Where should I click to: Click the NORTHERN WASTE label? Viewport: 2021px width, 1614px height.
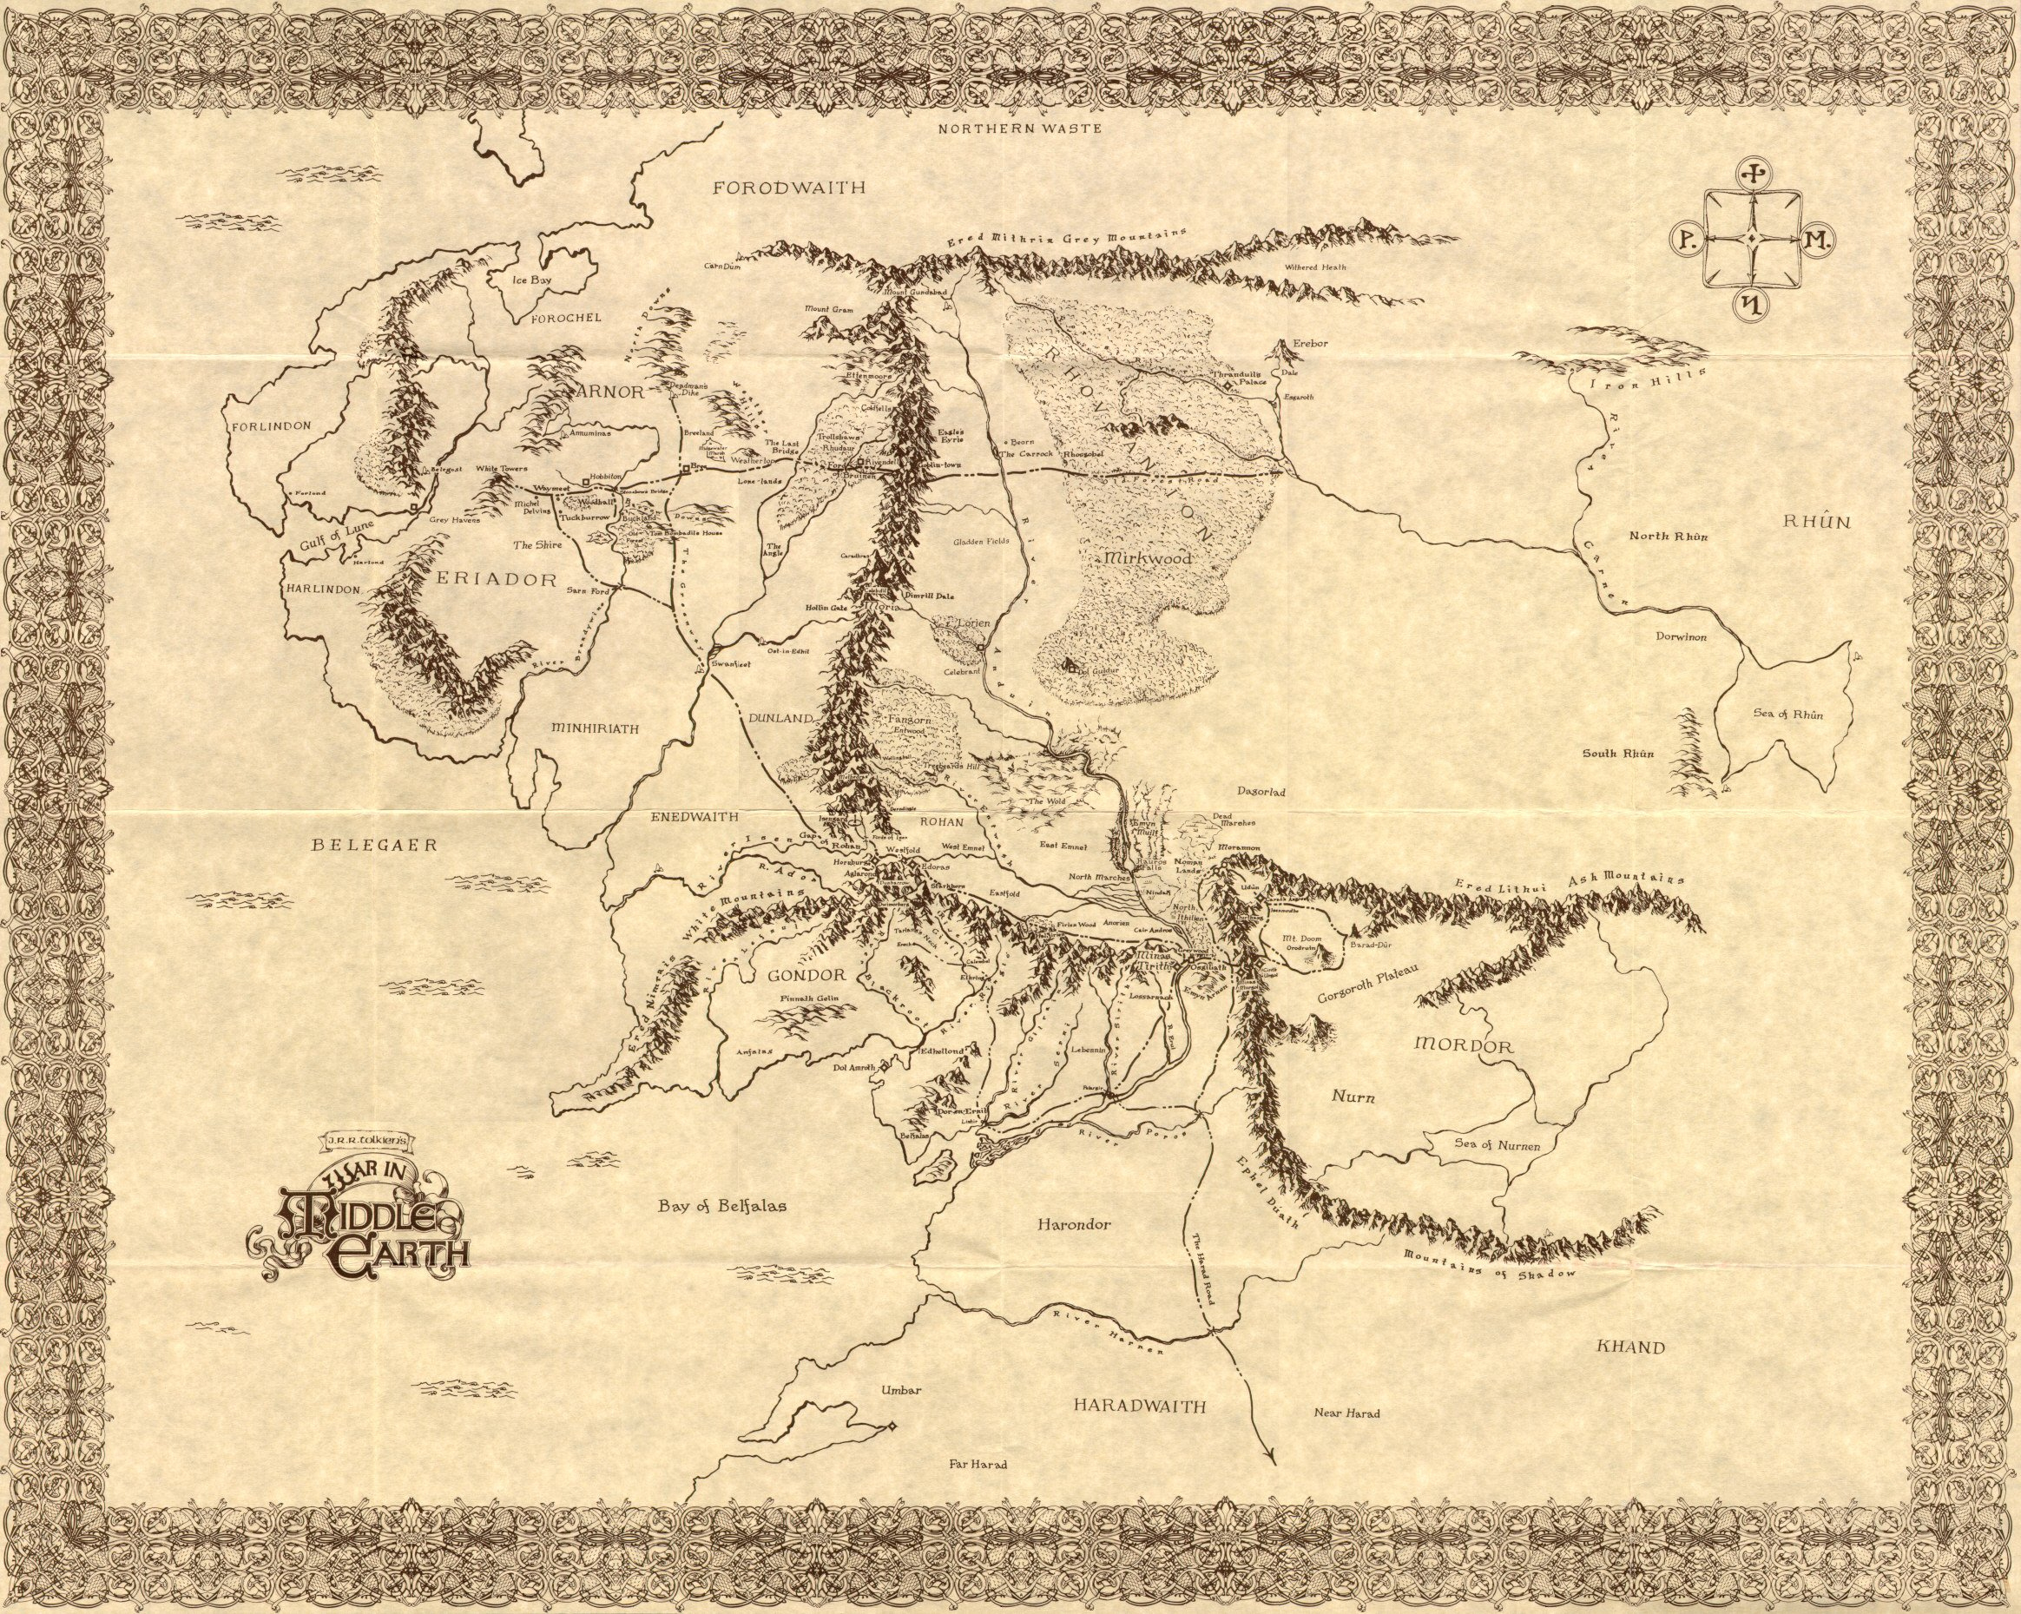click(x=1020, y=128)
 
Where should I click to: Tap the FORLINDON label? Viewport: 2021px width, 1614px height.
click(x=270, y=425)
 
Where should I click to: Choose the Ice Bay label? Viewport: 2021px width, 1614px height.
click(x=528, y=280)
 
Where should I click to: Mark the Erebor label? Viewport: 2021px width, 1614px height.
click(x=1311, y=343)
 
